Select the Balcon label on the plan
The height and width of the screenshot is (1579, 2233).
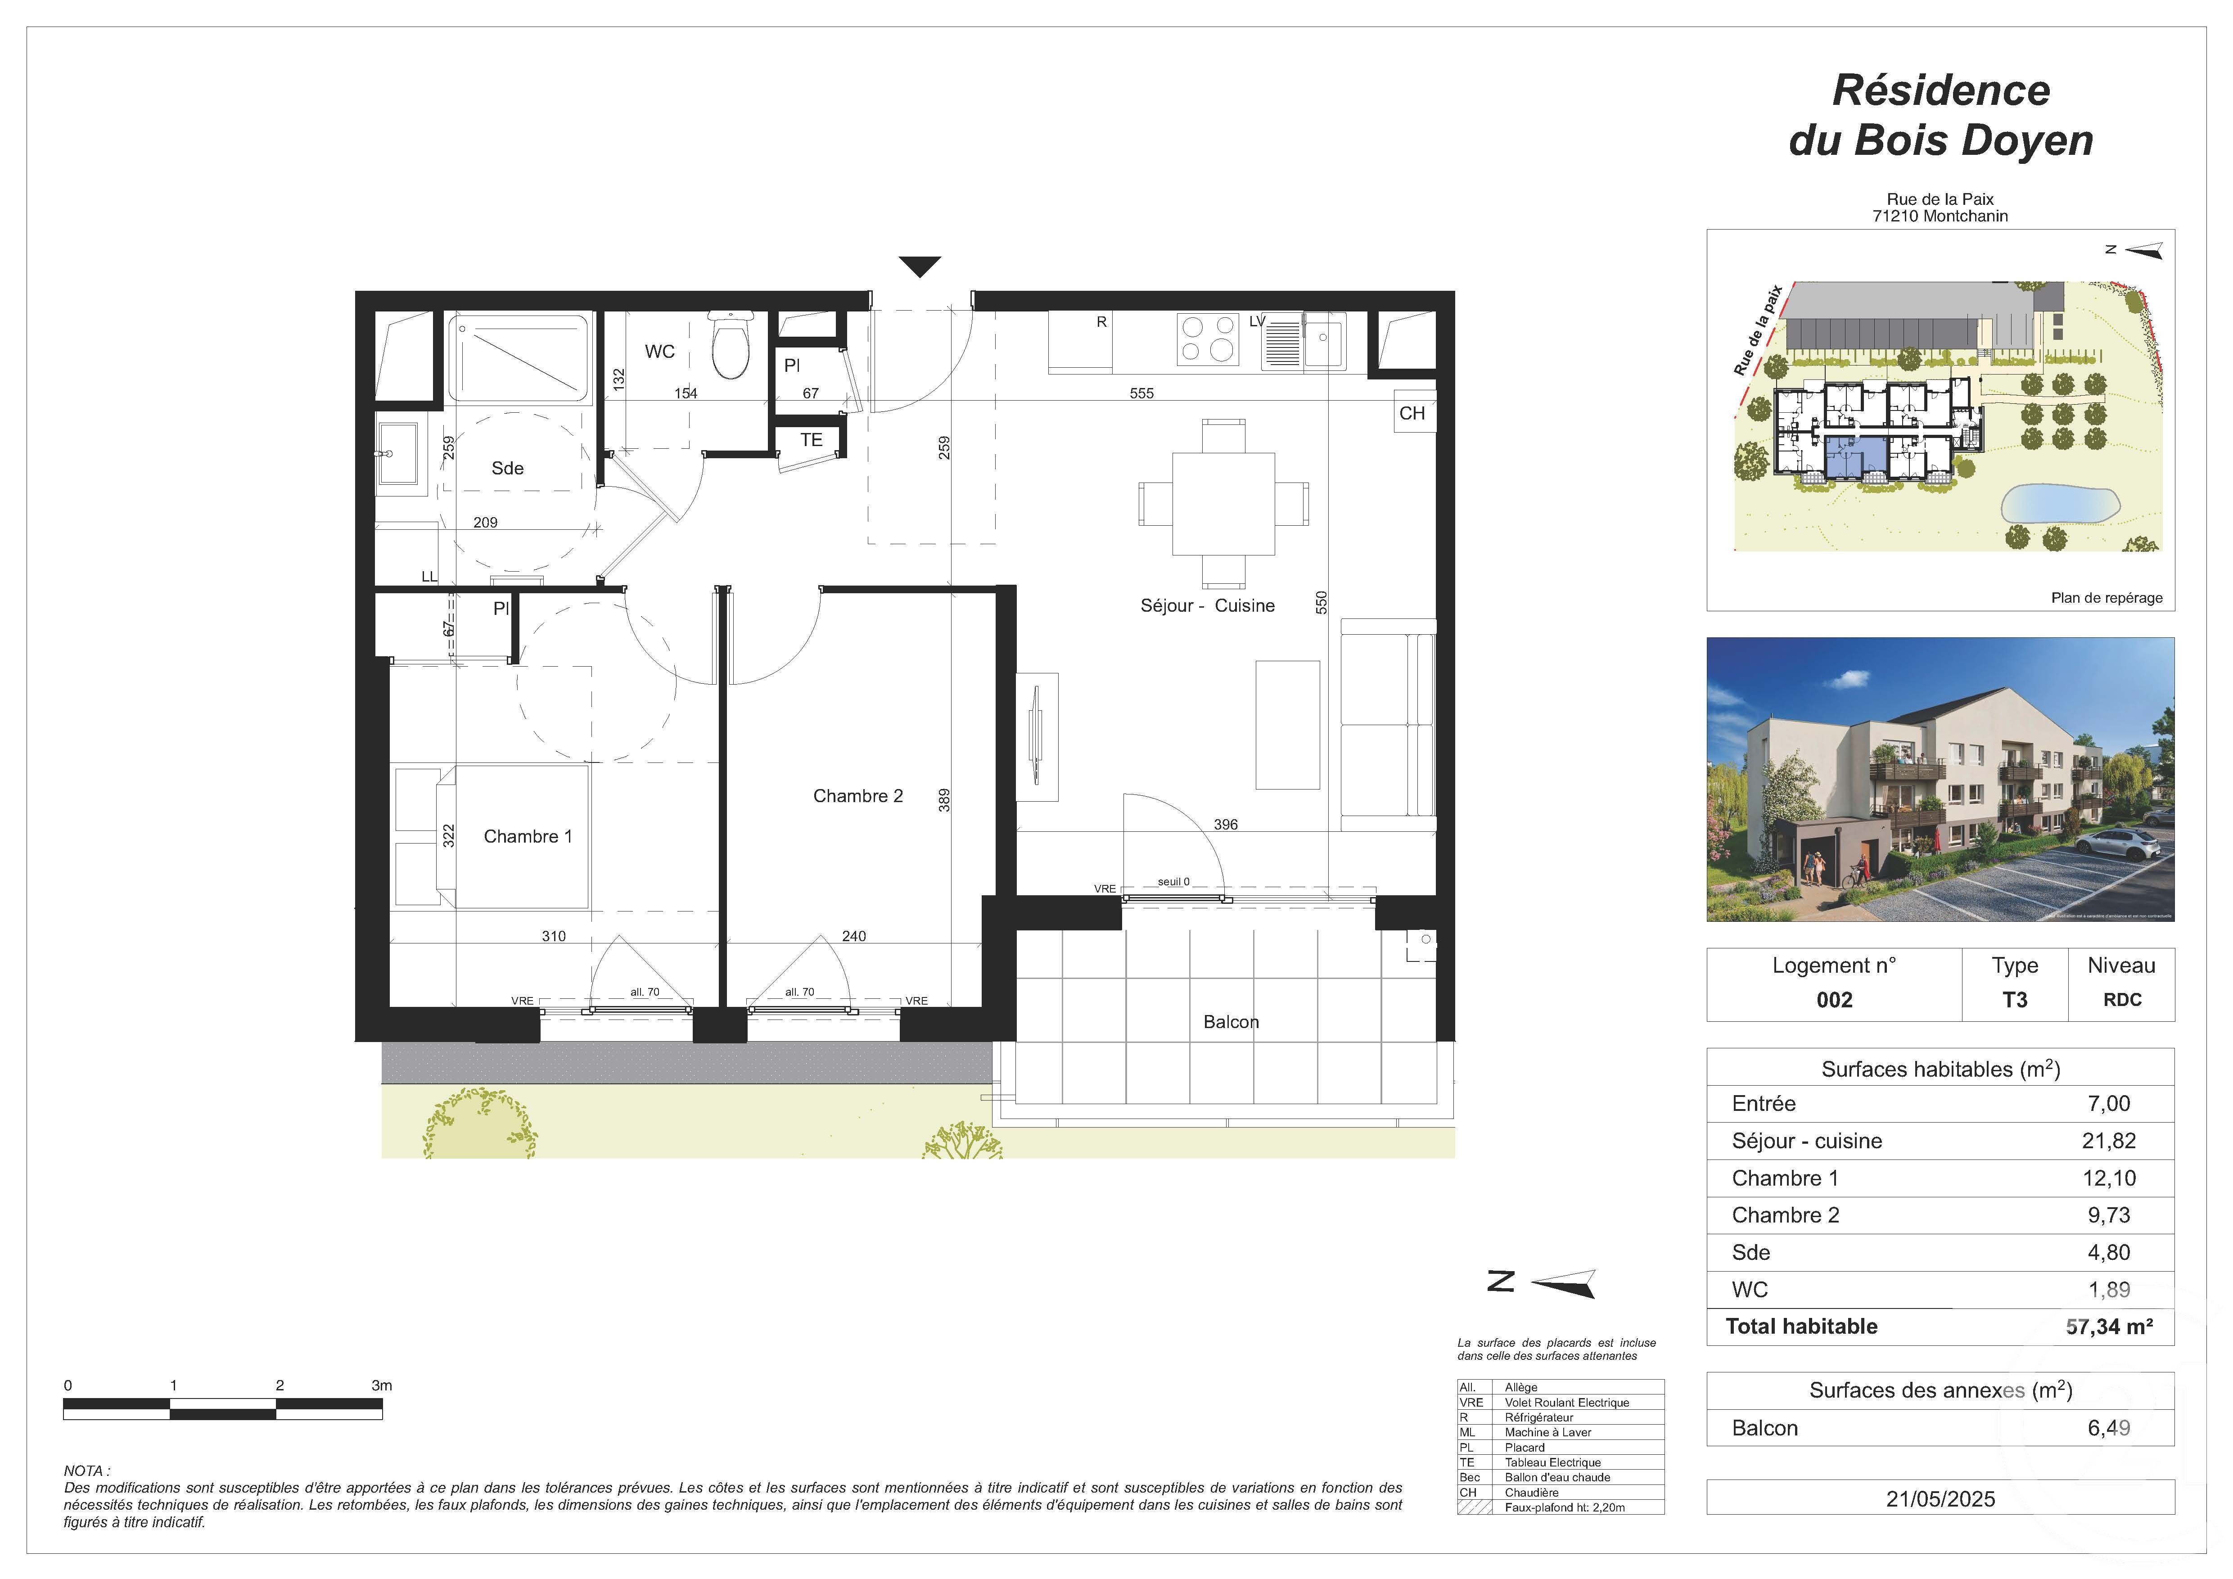[1230, 1022]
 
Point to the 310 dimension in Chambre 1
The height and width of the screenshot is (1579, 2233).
[553, 936]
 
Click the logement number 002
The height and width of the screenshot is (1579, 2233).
[1834, 1001]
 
